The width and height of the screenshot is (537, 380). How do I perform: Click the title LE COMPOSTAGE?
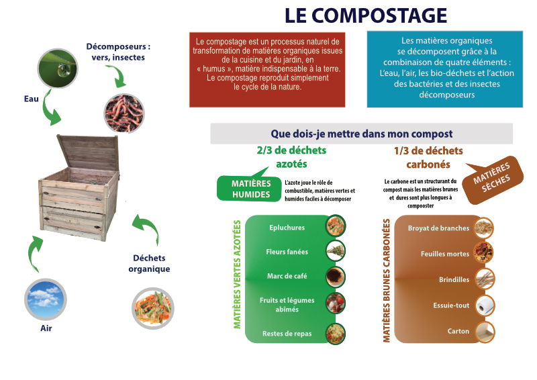pyautogui.click(x=365, y=15)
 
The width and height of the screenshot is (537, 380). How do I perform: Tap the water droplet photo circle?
pyautogui.click(x=58, y=68)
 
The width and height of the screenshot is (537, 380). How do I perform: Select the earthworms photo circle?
pyautogui.click(x=124, y=113)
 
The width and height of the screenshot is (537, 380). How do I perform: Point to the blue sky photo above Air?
pyautogui.click(x=46, y=299)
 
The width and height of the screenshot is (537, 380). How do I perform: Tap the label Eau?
pyautogui.click(x=31, y=99)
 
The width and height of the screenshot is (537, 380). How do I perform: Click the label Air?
pyautogui.click(x=46, y=328)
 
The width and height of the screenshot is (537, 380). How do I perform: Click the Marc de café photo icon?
pyautogui.click(x=335, y=277)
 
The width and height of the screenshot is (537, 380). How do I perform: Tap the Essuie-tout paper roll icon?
pyautogui.click(x=485, y=305)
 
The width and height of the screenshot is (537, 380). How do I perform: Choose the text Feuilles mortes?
pyautogui.click(x=445, y=254)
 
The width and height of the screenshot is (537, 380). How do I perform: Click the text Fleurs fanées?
pyautogui.click(x=287, y=252)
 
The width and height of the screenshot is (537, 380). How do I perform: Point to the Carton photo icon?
pyautogui.click(x=485, y=332)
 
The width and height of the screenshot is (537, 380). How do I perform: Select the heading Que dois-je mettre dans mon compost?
pyautogui.click(x=362, y=134)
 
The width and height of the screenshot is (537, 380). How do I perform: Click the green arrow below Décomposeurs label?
pyautogui.click(x=117, y=76)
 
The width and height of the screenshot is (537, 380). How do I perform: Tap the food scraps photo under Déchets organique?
pyautogui.click(x=153, y=308)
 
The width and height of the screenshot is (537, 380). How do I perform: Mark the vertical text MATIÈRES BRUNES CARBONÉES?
pyautogui.click(x=387, y=281)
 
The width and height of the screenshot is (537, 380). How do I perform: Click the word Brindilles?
pyautogui.click(x=454, y=279)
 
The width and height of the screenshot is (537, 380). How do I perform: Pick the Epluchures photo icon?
pyautogui.click(x=335, y=226)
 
